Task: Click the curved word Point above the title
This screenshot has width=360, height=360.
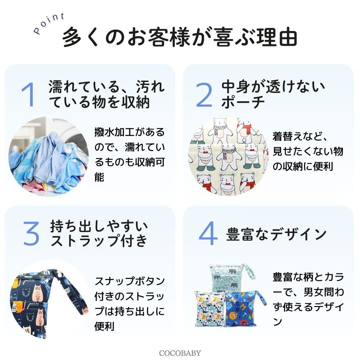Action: coord(49,24)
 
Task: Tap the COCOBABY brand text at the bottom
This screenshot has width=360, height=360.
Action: coord(180,353)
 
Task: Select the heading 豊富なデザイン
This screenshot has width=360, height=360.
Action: coord(276,234)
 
